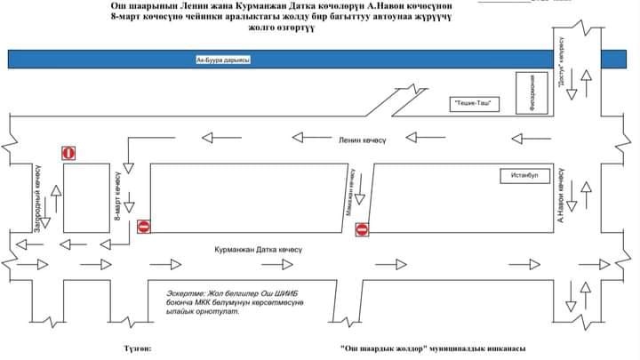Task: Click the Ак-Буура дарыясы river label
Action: [x=223, y=60]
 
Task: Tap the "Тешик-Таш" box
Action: [x=472, y=104]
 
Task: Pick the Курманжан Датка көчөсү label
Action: [x=258, y=250]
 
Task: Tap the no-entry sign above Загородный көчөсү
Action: [x=68, y=153]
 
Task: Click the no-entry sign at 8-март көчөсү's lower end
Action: [x=144, y=227]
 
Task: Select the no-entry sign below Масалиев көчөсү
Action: [x=362, y=231]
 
